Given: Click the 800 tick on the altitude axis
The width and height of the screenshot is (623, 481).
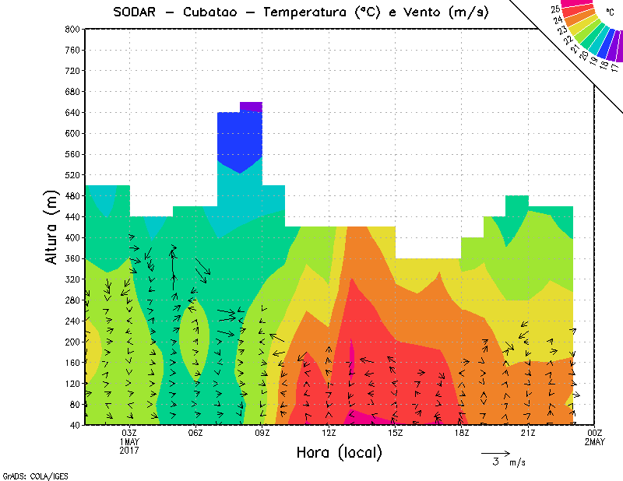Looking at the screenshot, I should click(72, 29).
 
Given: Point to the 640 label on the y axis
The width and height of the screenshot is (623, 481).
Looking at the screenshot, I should click(72, 112).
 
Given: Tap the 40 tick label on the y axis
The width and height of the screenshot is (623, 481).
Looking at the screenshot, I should click(75, 425).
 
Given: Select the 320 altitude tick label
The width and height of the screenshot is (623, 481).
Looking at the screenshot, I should click(72, 279).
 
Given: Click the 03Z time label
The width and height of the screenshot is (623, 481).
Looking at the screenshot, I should click(129, 433).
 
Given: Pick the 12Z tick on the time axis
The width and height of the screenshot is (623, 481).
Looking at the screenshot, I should click(329, 433).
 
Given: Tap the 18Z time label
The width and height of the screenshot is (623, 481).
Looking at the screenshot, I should click(462, 433).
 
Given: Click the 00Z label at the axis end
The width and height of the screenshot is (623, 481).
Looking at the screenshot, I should click(595, 433).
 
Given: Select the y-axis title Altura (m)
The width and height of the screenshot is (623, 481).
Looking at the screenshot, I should click(53, 226).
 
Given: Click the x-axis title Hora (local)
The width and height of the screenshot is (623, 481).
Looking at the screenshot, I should click(340, 452).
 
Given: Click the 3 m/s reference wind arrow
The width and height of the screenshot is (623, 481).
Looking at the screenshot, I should click(495, 452).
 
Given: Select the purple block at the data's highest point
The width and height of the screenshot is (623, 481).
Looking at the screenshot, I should click(251, 107).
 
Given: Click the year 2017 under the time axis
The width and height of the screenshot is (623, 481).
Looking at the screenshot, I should click(129, 450).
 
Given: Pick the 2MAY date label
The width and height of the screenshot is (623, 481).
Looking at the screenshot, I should click(595, 441).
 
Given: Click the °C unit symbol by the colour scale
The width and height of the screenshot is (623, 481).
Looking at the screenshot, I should click(609, 12).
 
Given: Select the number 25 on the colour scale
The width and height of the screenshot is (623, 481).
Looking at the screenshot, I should click(555, 9).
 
